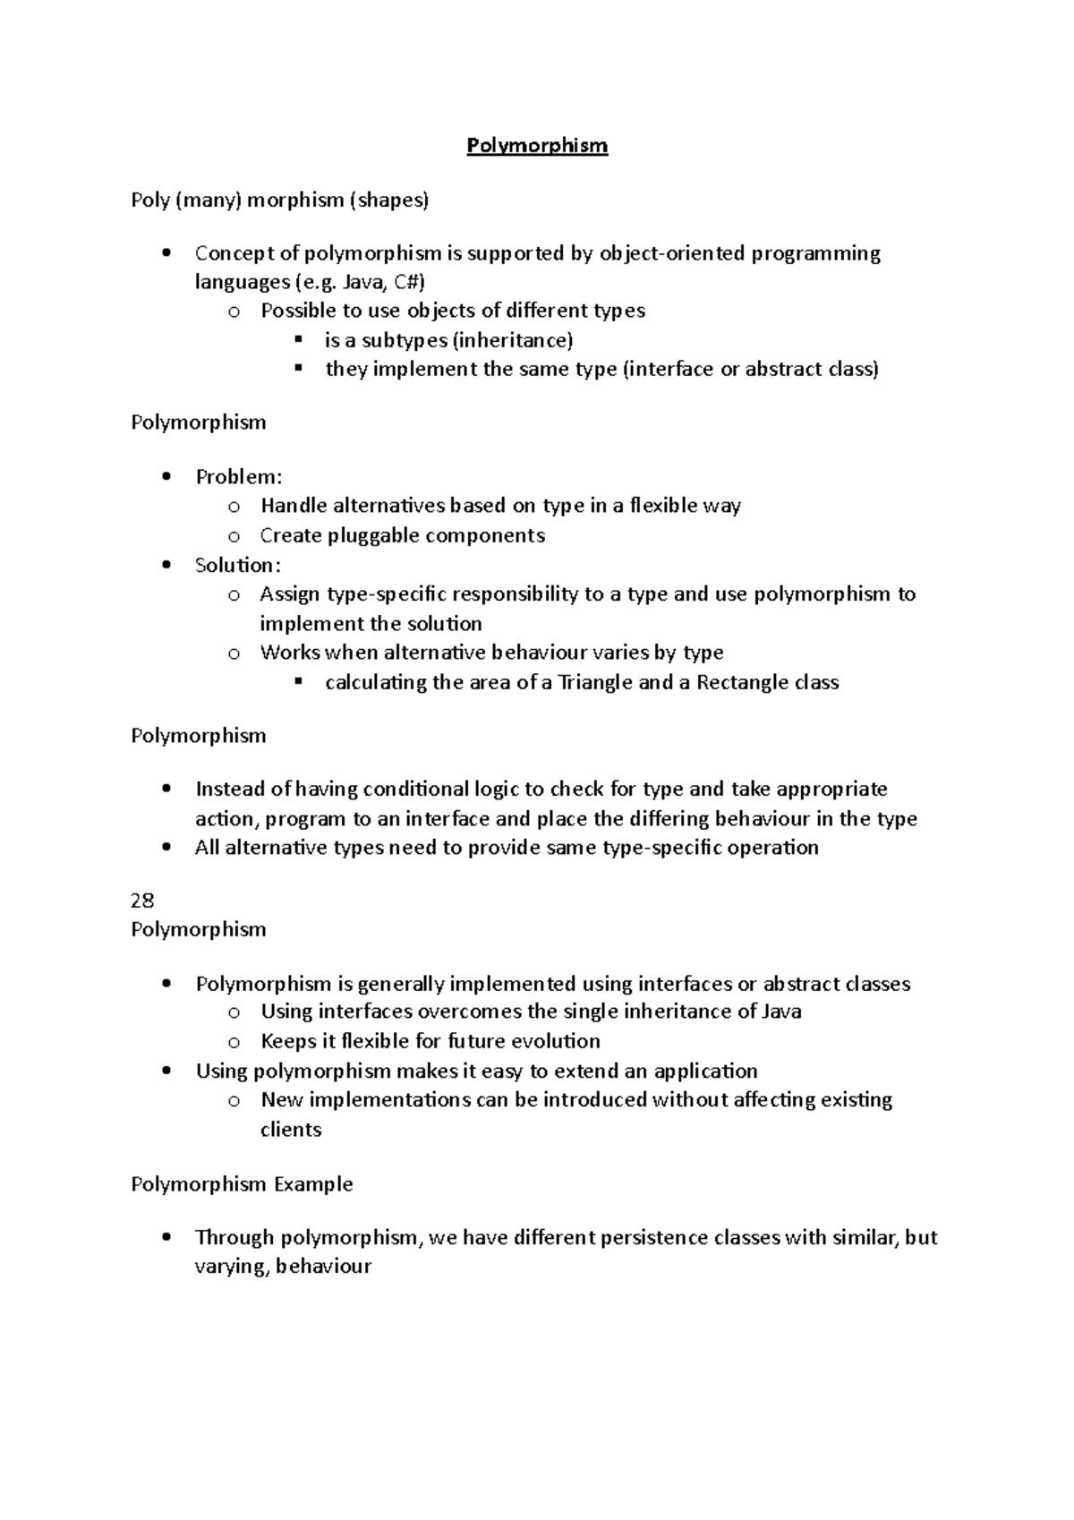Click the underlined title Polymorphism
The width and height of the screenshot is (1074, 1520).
pyautogui.click(x=537, y=146)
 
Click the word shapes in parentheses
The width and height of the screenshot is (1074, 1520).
pyautogui.click(x=390, y=201)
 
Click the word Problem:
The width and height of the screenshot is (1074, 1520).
pyautogui.click(x=239, y=477)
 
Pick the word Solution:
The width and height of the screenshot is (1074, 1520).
pyautogui.click(x=238, y=566)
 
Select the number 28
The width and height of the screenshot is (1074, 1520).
pyautogui.click(x=143, y=901)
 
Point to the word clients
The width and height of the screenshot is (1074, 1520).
pyautogui.click(x=291, y=1130)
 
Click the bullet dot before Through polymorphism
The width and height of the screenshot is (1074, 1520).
pyautogui.click(x=166, y=1238)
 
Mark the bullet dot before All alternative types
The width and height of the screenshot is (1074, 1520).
pyautogui.click(x=166, y=848)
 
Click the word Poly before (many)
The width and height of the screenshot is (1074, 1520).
pyautogui.click(x=150, y=201)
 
